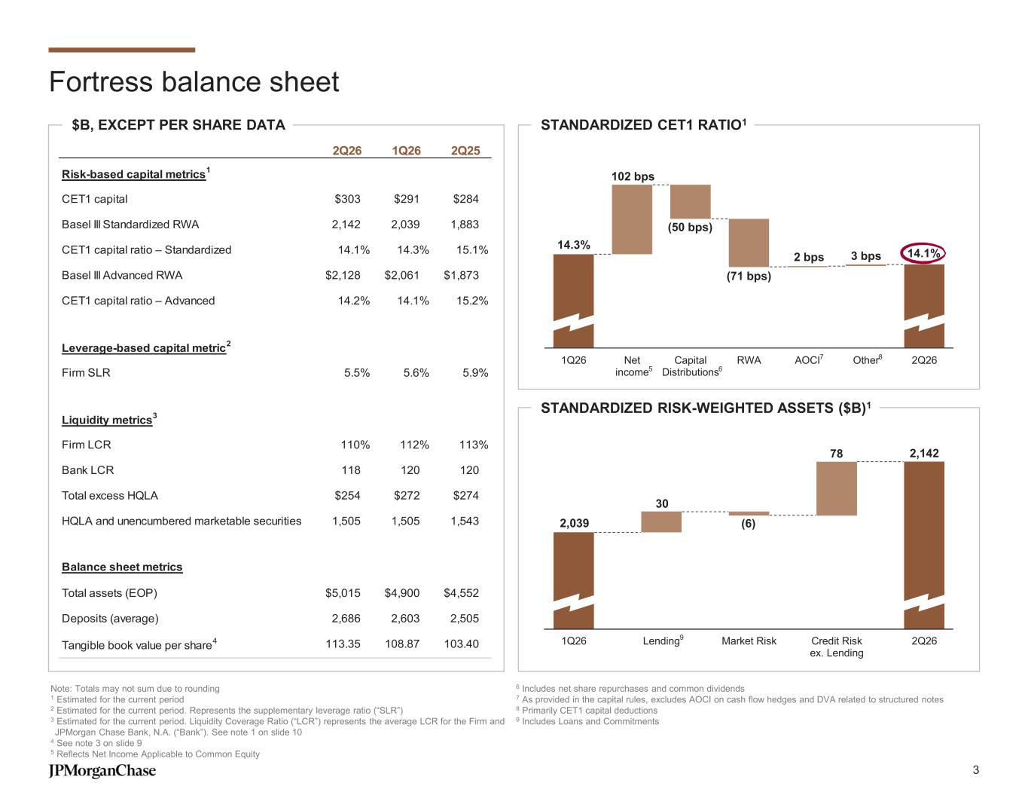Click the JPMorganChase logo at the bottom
point(102,770)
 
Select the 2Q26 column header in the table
point(346,151)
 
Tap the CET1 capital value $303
point(347,199)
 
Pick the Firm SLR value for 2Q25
point(475,373)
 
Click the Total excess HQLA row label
point(110,495)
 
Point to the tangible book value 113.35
point(343,644)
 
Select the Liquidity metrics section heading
point(108,420)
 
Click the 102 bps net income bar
point(632,219)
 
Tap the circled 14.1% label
point(923,253)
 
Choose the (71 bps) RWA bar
point(749,243)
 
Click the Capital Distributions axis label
point(691,365)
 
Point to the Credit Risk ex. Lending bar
point(837,488)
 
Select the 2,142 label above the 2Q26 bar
point(924,453)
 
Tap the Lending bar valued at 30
point(661,522)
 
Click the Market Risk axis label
point(749,641)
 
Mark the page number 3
point(975,770)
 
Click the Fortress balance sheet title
point(194,81)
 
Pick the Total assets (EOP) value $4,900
point(401,593)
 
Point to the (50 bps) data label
point(690,227)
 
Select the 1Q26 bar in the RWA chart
point(573,581)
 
